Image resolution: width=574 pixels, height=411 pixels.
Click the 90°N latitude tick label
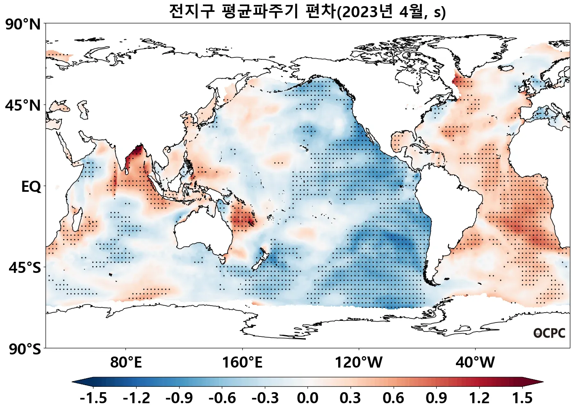tap(23, 25)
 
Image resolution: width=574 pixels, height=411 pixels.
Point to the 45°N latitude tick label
tap(23, 106)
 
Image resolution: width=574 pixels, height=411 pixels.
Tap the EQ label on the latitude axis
tap(31, 187)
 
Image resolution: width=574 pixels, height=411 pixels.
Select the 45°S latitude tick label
tap(25, 268)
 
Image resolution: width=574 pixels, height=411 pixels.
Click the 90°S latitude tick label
tap(25, 349)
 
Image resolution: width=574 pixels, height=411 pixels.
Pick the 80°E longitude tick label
tap(126, 362)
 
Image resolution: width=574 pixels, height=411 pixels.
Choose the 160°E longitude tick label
tap(242, 362)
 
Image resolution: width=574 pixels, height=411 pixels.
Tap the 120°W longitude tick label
tap(359, 362)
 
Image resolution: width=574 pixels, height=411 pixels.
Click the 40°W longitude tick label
tap(475, 362)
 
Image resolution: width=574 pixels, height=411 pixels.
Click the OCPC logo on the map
tap(549, 333)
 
